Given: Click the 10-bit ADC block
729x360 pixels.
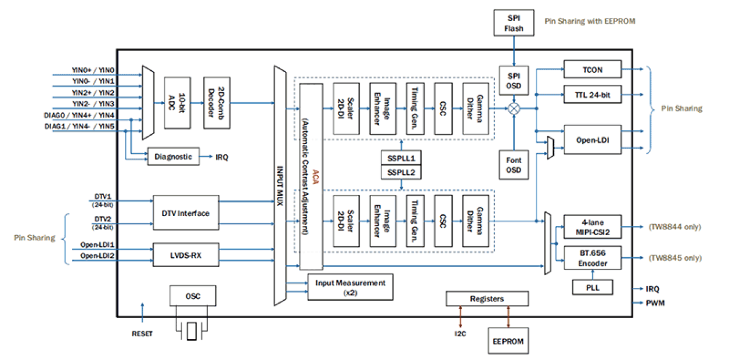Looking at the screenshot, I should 178,102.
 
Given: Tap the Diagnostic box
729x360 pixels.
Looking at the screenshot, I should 174,156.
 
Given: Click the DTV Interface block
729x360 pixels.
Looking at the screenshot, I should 186,213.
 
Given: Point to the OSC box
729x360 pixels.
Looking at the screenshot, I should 192,296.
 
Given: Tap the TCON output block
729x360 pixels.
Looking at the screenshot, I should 592,70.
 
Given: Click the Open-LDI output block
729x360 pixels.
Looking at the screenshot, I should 592,139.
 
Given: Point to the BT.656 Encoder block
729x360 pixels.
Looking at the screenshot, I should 592,258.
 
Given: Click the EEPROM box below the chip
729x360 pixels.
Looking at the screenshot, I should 508,341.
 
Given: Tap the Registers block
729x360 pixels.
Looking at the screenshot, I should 487,298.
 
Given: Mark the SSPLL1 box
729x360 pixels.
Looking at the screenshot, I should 400,157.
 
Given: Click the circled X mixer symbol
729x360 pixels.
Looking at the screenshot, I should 514,109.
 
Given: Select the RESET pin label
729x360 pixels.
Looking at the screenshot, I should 142,334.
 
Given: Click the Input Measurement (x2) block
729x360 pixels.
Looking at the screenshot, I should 350,287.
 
